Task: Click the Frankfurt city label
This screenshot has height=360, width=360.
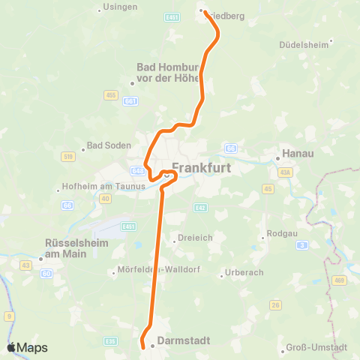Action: click(x=202, y=168)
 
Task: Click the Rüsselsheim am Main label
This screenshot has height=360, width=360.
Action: click(x=76, y=248)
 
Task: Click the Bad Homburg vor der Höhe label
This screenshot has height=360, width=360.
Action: click(x=167, y=73)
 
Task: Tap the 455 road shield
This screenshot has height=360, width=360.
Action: click(x=112, y=95)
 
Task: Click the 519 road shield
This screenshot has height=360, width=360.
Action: click(x=69, y=156)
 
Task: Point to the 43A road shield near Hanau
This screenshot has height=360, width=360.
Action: click(x=285, y=172)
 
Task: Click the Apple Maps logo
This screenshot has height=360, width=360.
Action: click(x=27, y=347)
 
